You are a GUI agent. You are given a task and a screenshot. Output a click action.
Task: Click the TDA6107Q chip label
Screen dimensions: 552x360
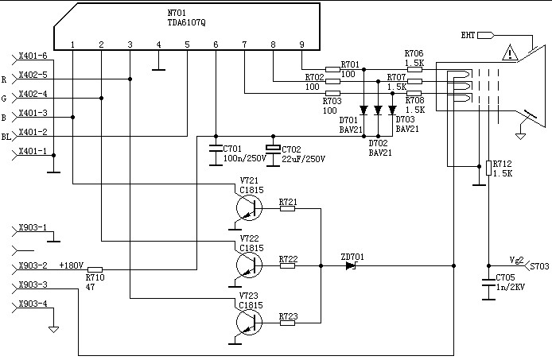pyautogui.click(x=187, y=22)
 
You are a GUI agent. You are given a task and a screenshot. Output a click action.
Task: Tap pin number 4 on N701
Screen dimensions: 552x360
pyautogui.click(x=159, y=45)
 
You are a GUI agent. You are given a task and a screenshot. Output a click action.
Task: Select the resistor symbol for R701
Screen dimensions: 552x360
pyautogui.click(x=332, y=69)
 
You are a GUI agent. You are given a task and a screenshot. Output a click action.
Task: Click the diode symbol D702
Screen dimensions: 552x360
pyautogui.click(x=378, y=110)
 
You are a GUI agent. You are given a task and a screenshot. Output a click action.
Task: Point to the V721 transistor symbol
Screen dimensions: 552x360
pyautogui.click(x=249, y=207)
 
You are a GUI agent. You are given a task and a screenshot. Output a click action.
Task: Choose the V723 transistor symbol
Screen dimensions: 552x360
pyautogui.click(x=249, y=322)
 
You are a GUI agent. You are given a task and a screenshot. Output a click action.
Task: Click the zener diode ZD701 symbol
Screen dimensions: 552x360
pyautogui.click(x=351, y=266)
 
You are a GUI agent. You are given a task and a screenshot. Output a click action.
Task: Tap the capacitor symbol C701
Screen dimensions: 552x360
pyautogui.click(x=216, y=149)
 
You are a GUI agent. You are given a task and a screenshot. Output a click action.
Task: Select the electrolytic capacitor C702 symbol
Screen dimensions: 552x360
pyautogui.click(x=273, y=149)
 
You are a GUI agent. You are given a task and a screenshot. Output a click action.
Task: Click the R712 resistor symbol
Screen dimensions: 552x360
pyautogui.click(x=488, y=168)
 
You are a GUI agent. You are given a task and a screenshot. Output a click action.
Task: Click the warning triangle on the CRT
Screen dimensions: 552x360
pyautogui.click(x=509, y=52)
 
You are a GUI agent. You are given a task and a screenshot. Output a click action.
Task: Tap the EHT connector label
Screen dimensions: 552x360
pyautogui.click(x=468, y=35)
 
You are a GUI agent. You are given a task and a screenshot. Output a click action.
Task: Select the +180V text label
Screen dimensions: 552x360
pyautogui.click(x=72, y=265)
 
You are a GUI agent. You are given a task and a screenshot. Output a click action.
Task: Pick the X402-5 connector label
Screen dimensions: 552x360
pyautogui.click(x=33, y=75)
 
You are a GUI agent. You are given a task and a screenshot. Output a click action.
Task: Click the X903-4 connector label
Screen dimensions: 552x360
pyautogui.click(x=33, y=304)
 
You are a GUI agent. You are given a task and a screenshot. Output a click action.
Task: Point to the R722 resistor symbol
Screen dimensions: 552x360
pyautogui.click(x=288, y=265)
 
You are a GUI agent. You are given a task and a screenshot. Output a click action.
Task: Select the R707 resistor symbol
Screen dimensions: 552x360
pyautogui.click(x=414, y=82)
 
